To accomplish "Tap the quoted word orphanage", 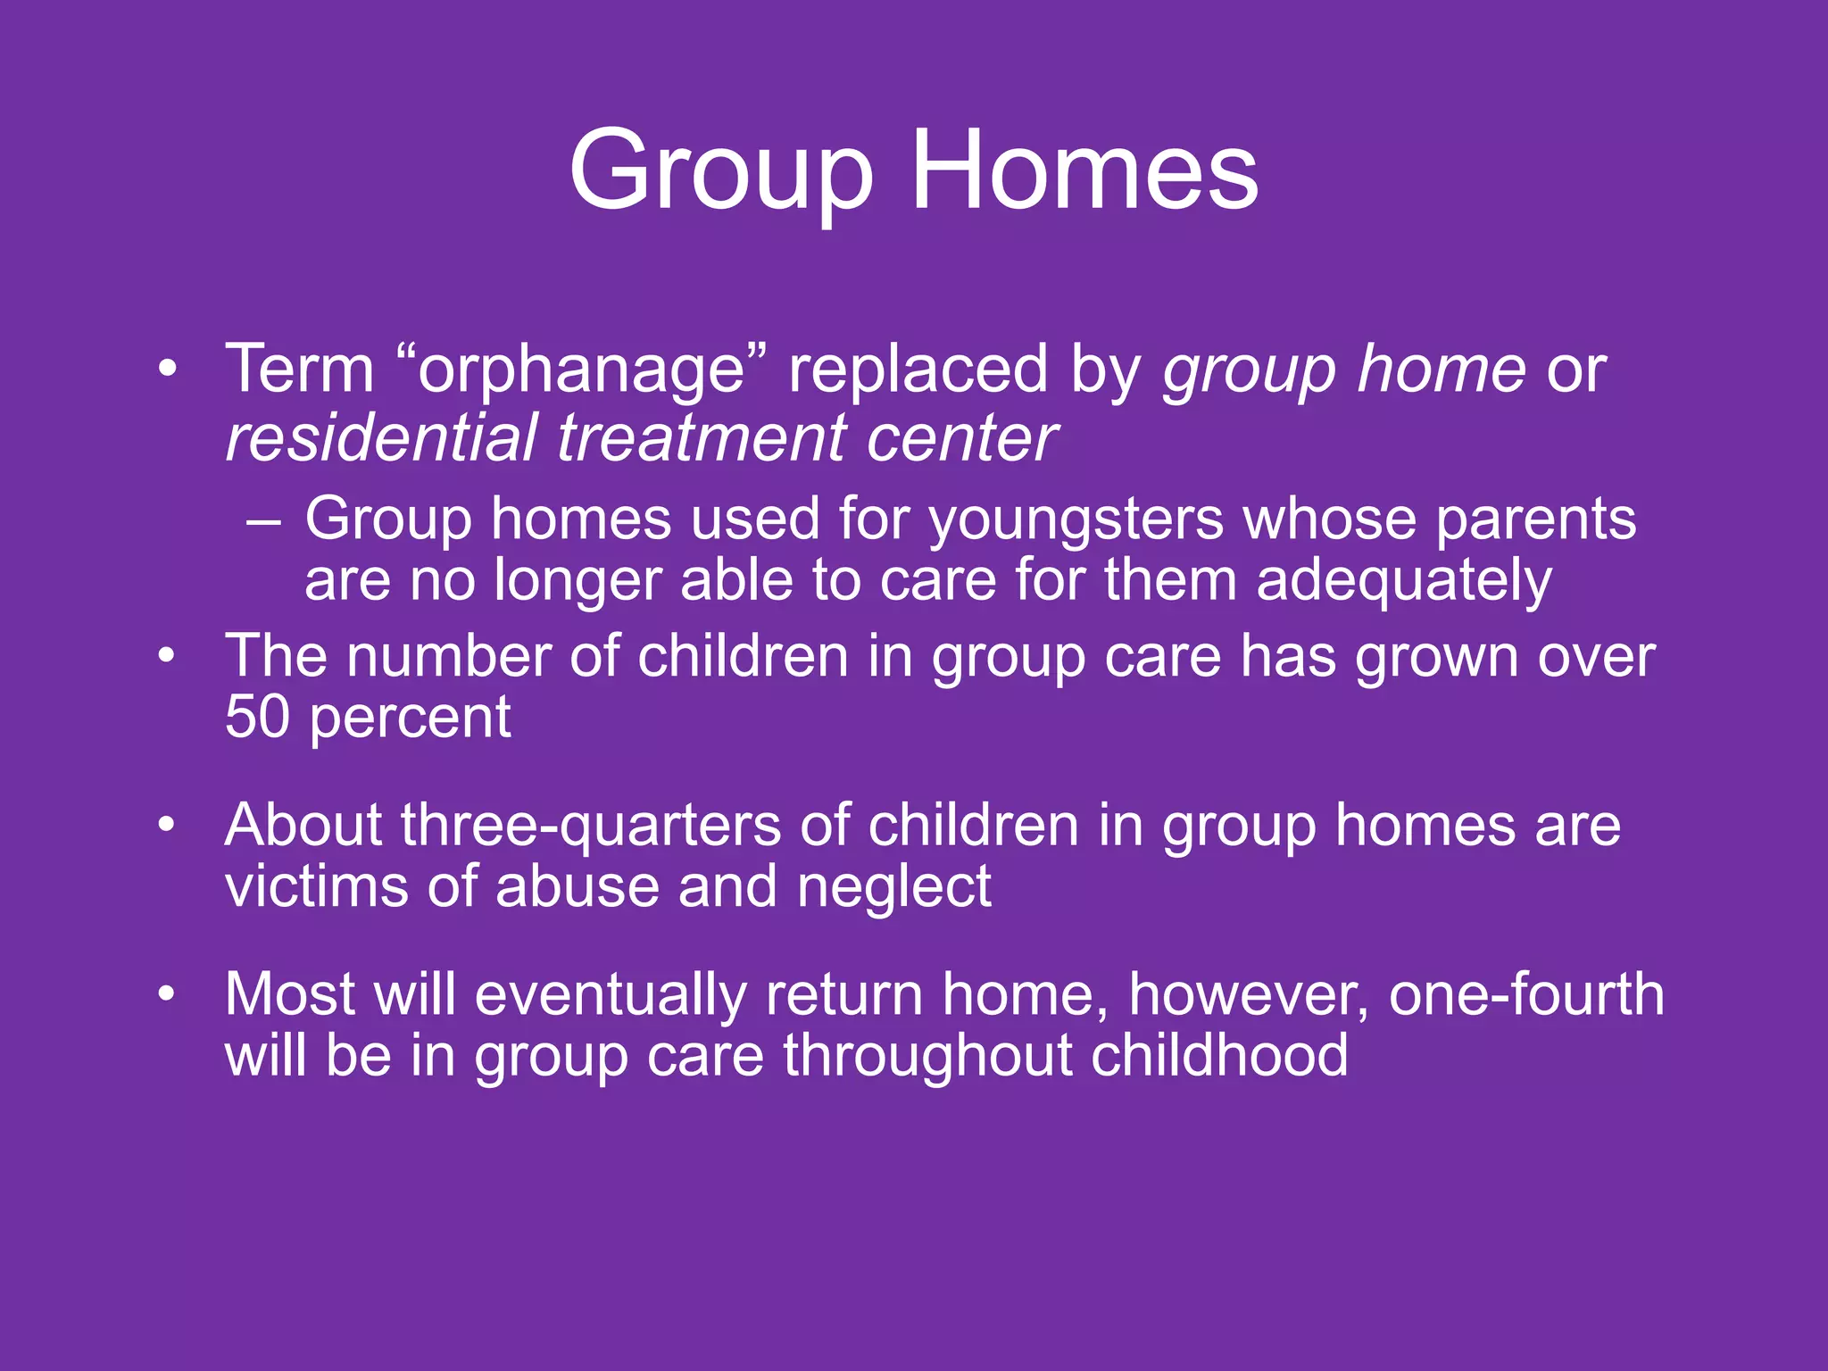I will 581,370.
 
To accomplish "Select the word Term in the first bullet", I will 300,369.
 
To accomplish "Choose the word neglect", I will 893,888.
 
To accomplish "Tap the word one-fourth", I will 1526,994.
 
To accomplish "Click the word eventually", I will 611,996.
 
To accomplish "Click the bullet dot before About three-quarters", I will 166,825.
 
